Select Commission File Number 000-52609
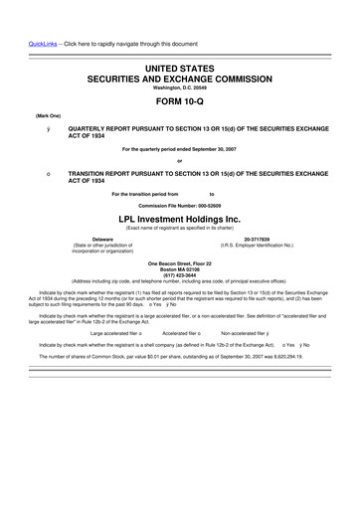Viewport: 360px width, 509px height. (179, 206)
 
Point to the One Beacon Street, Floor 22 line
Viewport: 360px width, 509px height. (179, 262)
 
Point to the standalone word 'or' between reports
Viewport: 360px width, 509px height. (179, 160)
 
